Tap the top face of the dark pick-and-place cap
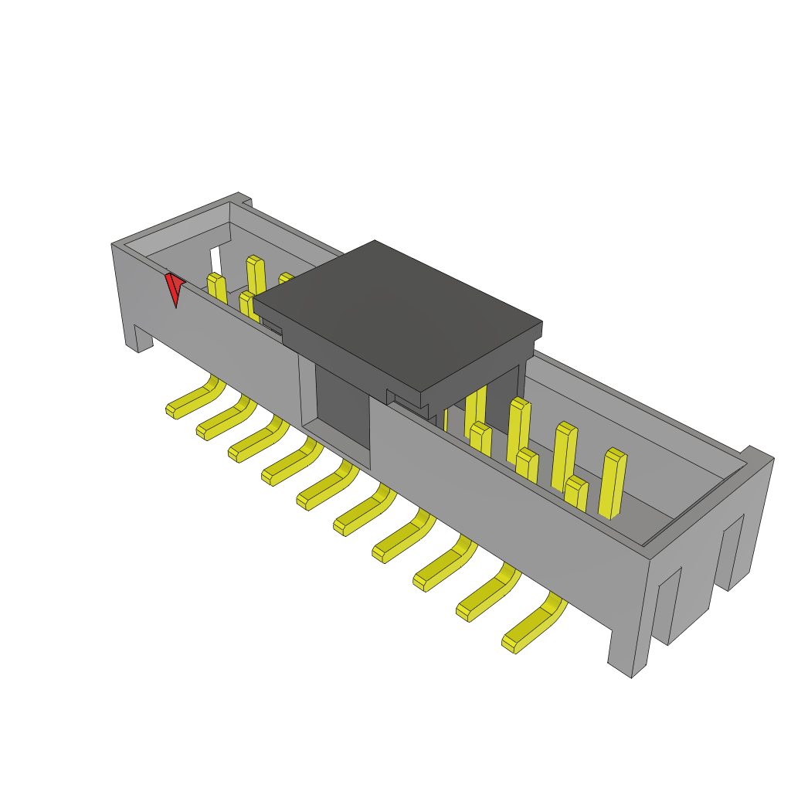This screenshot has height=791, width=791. click(398, 313)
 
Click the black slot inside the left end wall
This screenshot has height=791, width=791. click(216, 260)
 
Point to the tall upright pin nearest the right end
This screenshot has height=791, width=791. click(613, 483)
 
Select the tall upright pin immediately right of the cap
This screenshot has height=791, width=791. click(474, 409)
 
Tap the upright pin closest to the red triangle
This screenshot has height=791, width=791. click(216, 290)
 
